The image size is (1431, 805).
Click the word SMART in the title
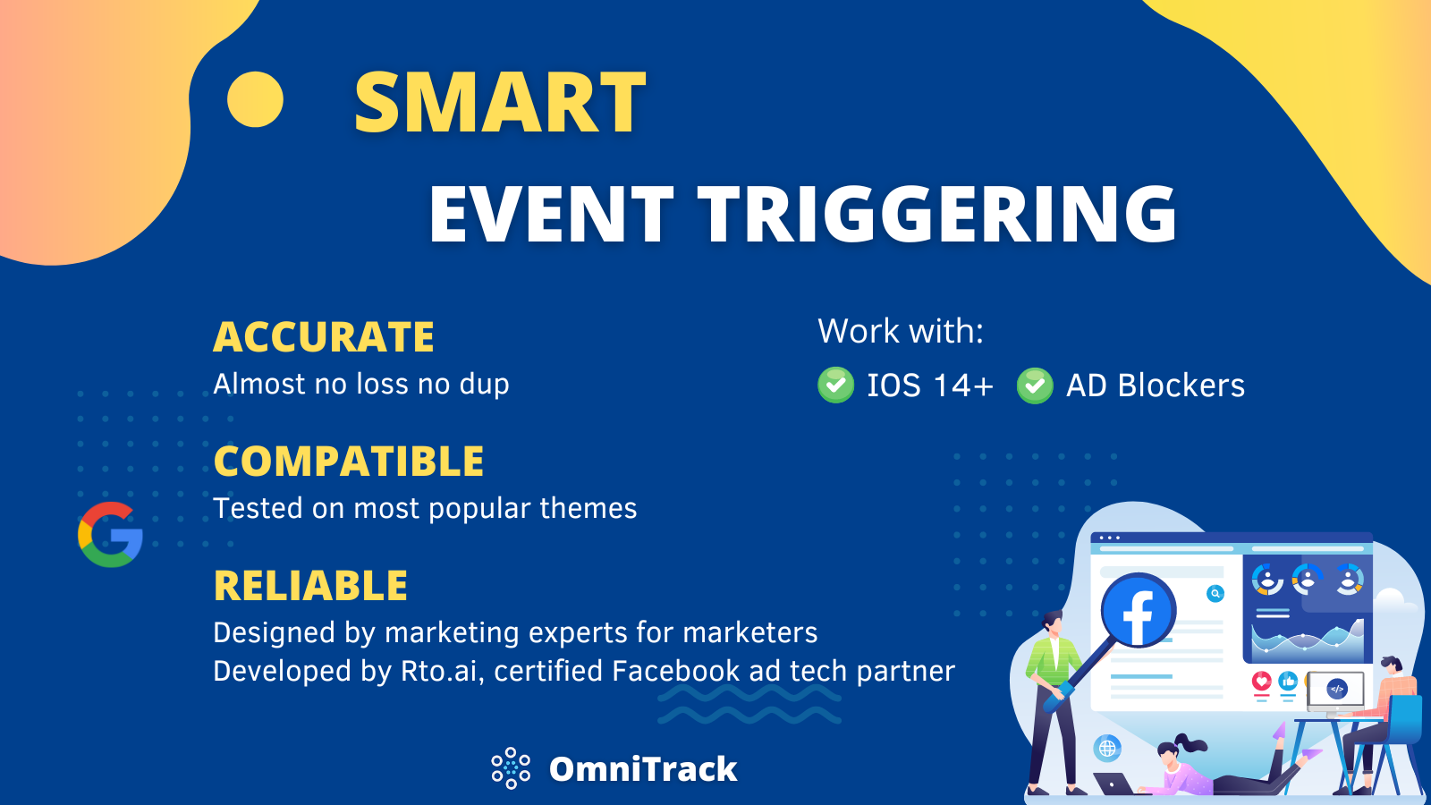click(499, 104)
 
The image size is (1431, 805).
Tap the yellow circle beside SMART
click(255, 99)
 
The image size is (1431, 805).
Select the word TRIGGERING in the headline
click(936, 215)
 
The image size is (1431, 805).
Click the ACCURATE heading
click(324, 337)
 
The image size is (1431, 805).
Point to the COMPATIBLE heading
click(349, 462)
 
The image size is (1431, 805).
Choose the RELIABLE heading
click(310, 586)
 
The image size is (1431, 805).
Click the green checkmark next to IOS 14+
click(835, 386)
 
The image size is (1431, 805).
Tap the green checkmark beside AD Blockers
click(1035, 386)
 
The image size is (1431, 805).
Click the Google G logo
click(110, 535)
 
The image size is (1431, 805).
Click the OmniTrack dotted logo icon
click(511, 768)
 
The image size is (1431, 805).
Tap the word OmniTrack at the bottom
click(643, 769)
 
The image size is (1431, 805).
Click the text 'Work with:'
click(901, 332)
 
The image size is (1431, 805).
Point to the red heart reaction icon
click(1261, 682)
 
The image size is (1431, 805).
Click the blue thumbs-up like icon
click(1288, 682)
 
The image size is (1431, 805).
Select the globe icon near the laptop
click(1107, 748)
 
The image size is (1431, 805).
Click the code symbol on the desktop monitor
click(1336, 689)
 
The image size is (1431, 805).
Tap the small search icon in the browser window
click(1215, 593)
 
